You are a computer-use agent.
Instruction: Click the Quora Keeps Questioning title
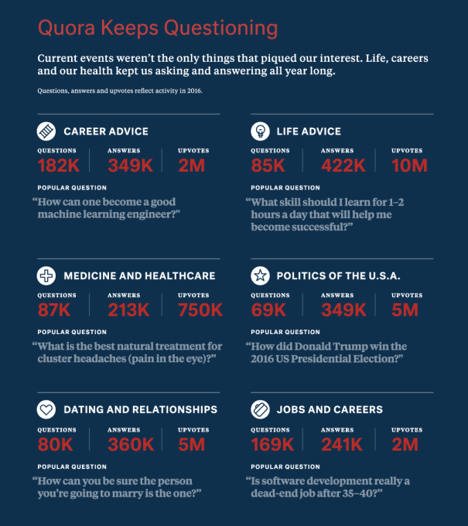click(157, 29)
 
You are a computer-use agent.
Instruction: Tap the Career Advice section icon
click(46, 131)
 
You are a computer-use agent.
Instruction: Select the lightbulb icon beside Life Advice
click(260, 131)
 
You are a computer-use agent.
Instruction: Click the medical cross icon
click(46, 275)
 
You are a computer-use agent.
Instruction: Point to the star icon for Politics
click(260, 275)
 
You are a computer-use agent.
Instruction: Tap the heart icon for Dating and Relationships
click(46, 409)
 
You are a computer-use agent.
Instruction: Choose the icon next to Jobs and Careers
click(260, 409)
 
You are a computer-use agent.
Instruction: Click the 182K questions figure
click(59, 165)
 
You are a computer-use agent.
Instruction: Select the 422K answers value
click(343, 165)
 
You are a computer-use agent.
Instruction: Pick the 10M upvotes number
click(409, 165)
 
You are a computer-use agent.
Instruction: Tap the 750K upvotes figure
click(200, 309)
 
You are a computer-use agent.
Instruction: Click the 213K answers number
click(129, 309)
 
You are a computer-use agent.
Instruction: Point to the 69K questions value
click(268, 309)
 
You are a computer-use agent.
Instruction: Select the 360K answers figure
click(130, 444)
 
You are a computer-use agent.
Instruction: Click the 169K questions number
click(272, 444)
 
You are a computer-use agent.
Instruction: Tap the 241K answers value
click(342, 444)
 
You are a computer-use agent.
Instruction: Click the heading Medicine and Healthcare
click(139, 275)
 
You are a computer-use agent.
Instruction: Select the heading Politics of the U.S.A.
click(338, 275)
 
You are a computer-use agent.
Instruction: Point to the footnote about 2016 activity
click(120, 91)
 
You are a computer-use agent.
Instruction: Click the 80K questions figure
click(55, 444)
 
